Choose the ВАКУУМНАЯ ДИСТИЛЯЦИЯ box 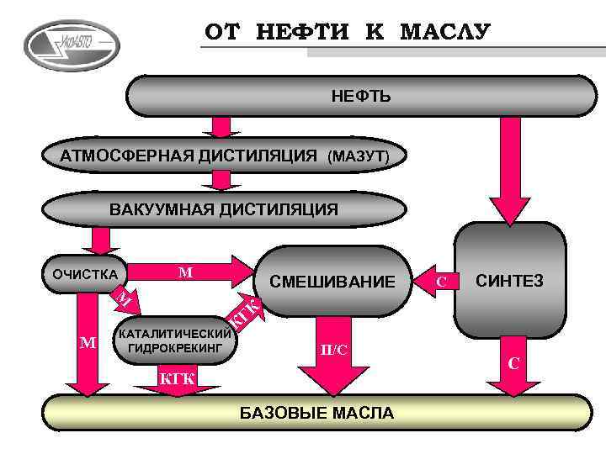[x=223, y=209]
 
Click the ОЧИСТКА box [x=85, y=273]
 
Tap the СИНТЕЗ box [x=510, y=280]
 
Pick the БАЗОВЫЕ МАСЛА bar [x=316, y=413]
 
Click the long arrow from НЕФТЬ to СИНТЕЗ [x=508, y=168]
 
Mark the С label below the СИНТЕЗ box [x=513, y=363]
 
